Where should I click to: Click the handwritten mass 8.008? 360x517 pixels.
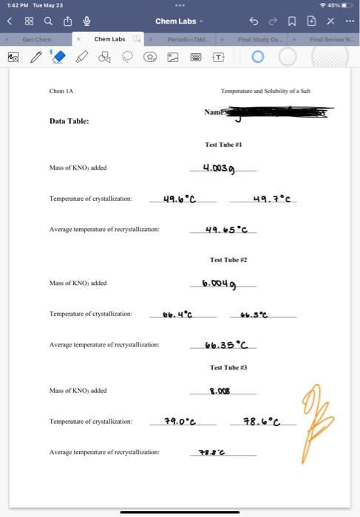(x=221, y=391)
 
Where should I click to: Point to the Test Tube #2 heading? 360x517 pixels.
(x=228, y=260)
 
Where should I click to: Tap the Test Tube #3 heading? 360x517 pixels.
(x=228, y=367)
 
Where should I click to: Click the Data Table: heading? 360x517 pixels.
(x=69, y=121)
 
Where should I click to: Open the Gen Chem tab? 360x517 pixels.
(x=37, y=38)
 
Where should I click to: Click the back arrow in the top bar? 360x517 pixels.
(x=10, y=21)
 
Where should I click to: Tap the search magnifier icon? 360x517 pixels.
(x=48, y=21)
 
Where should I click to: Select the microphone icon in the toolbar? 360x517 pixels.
(x=86, y=21)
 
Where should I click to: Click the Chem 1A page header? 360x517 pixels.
(x=61, y=91)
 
